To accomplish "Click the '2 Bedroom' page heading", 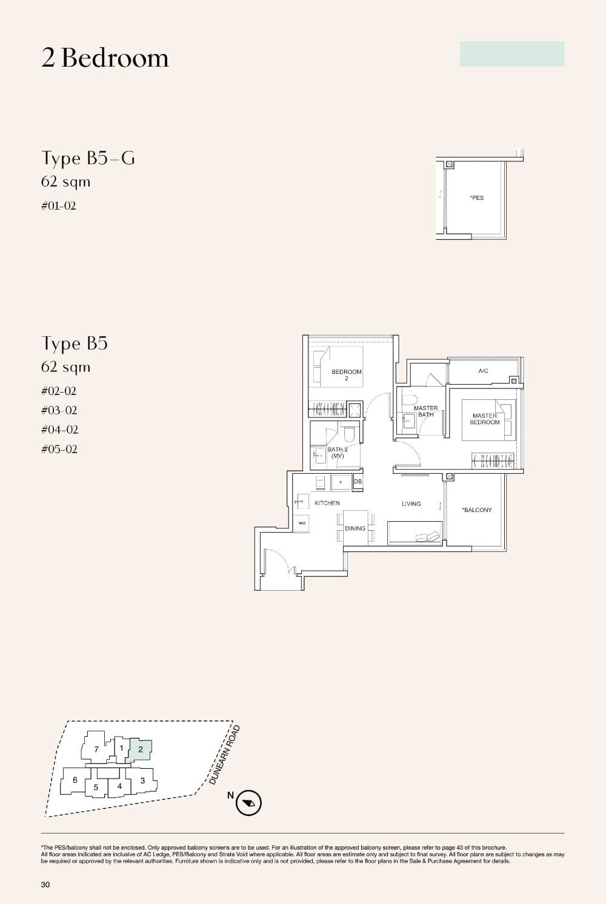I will pos(105,58).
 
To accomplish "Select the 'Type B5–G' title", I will pos(88,158).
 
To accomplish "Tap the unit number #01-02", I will pos(59,206).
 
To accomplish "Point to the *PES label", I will pos(477,198).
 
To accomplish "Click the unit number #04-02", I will pos(59,430).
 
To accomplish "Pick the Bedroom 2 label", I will pos(346,374).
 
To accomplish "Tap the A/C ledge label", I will pos(483,371).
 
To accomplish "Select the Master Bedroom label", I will pos(485,419).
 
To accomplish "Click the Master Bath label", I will pos(425,411).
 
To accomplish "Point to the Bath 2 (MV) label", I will pos(337,453).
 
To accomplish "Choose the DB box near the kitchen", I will pos(358,482).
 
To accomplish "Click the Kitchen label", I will pos(327,503).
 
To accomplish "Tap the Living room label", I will pos(411,504).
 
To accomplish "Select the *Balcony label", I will pos(477,510).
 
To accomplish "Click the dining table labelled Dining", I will pos(355,528).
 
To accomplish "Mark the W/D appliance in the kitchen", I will pos(302,522).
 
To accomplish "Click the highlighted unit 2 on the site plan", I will pos(141,749).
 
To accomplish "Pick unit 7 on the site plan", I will pos(96,749).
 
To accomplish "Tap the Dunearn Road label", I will pos(225,755).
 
